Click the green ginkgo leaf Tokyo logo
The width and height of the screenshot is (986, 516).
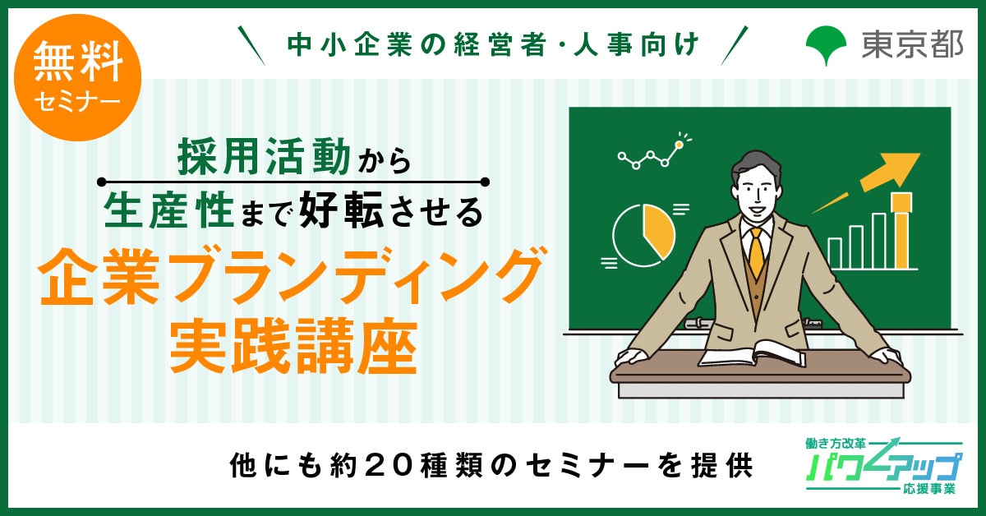tap(826, 45)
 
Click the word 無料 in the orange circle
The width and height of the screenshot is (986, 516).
tap(78, 62)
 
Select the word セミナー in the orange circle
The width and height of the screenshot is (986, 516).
tap(77, 102)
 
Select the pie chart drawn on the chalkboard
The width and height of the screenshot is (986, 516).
tap(643, 235)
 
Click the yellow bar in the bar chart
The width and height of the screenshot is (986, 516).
tap(901, 231)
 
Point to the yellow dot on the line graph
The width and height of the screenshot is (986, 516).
tap(680, 145)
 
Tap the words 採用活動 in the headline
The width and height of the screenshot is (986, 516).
tap(264, 156)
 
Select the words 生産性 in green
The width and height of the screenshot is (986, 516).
tap(169, 210)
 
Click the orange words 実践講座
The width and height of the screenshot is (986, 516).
tap(293, 347)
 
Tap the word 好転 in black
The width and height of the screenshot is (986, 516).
tap(342, 210)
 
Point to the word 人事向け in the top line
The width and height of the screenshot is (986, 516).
tap(637, 45)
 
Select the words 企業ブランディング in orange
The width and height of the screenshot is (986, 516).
tap(291, 277)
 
